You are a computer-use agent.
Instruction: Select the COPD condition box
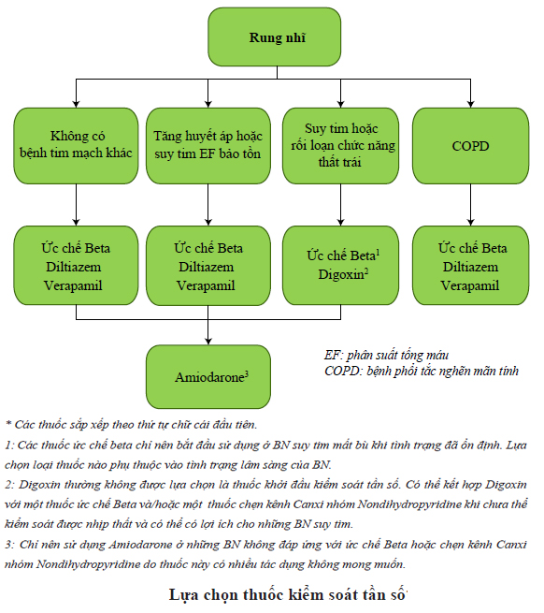(x=470, y=146)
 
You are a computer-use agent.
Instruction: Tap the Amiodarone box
(x=208, y=377)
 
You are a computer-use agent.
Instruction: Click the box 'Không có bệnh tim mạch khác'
(x=76, y=146)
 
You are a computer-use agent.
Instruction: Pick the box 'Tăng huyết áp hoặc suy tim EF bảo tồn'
(x=208, y=146)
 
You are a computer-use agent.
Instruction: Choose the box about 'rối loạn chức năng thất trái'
(x=340, y=146)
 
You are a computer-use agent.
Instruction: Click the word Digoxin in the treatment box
(x=340, y=274)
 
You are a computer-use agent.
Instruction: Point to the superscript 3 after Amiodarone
(x=247, y=374)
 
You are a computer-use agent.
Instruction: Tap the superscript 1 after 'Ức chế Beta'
(x=378, y=253)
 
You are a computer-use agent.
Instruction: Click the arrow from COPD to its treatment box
(x=470, y=205)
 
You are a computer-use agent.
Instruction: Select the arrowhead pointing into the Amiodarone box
(x=208, y=342)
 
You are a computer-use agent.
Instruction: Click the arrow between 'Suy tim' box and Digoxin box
(x=340, y=205)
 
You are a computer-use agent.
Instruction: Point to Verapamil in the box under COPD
(x=470, y=285)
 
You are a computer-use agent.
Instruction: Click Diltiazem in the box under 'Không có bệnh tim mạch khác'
(x=74, y=267)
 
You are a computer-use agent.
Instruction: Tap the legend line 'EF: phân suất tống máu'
(x=386, y=355)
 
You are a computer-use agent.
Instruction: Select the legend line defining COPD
(x=422, y=371)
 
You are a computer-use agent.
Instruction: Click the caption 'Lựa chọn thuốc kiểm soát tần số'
(x=288, y=594)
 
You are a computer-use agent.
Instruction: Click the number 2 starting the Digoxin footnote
(x=9, y=485)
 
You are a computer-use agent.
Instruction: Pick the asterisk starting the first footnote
(x=8, y=423)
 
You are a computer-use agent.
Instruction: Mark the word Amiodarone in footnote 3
(x=140, y=545)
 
